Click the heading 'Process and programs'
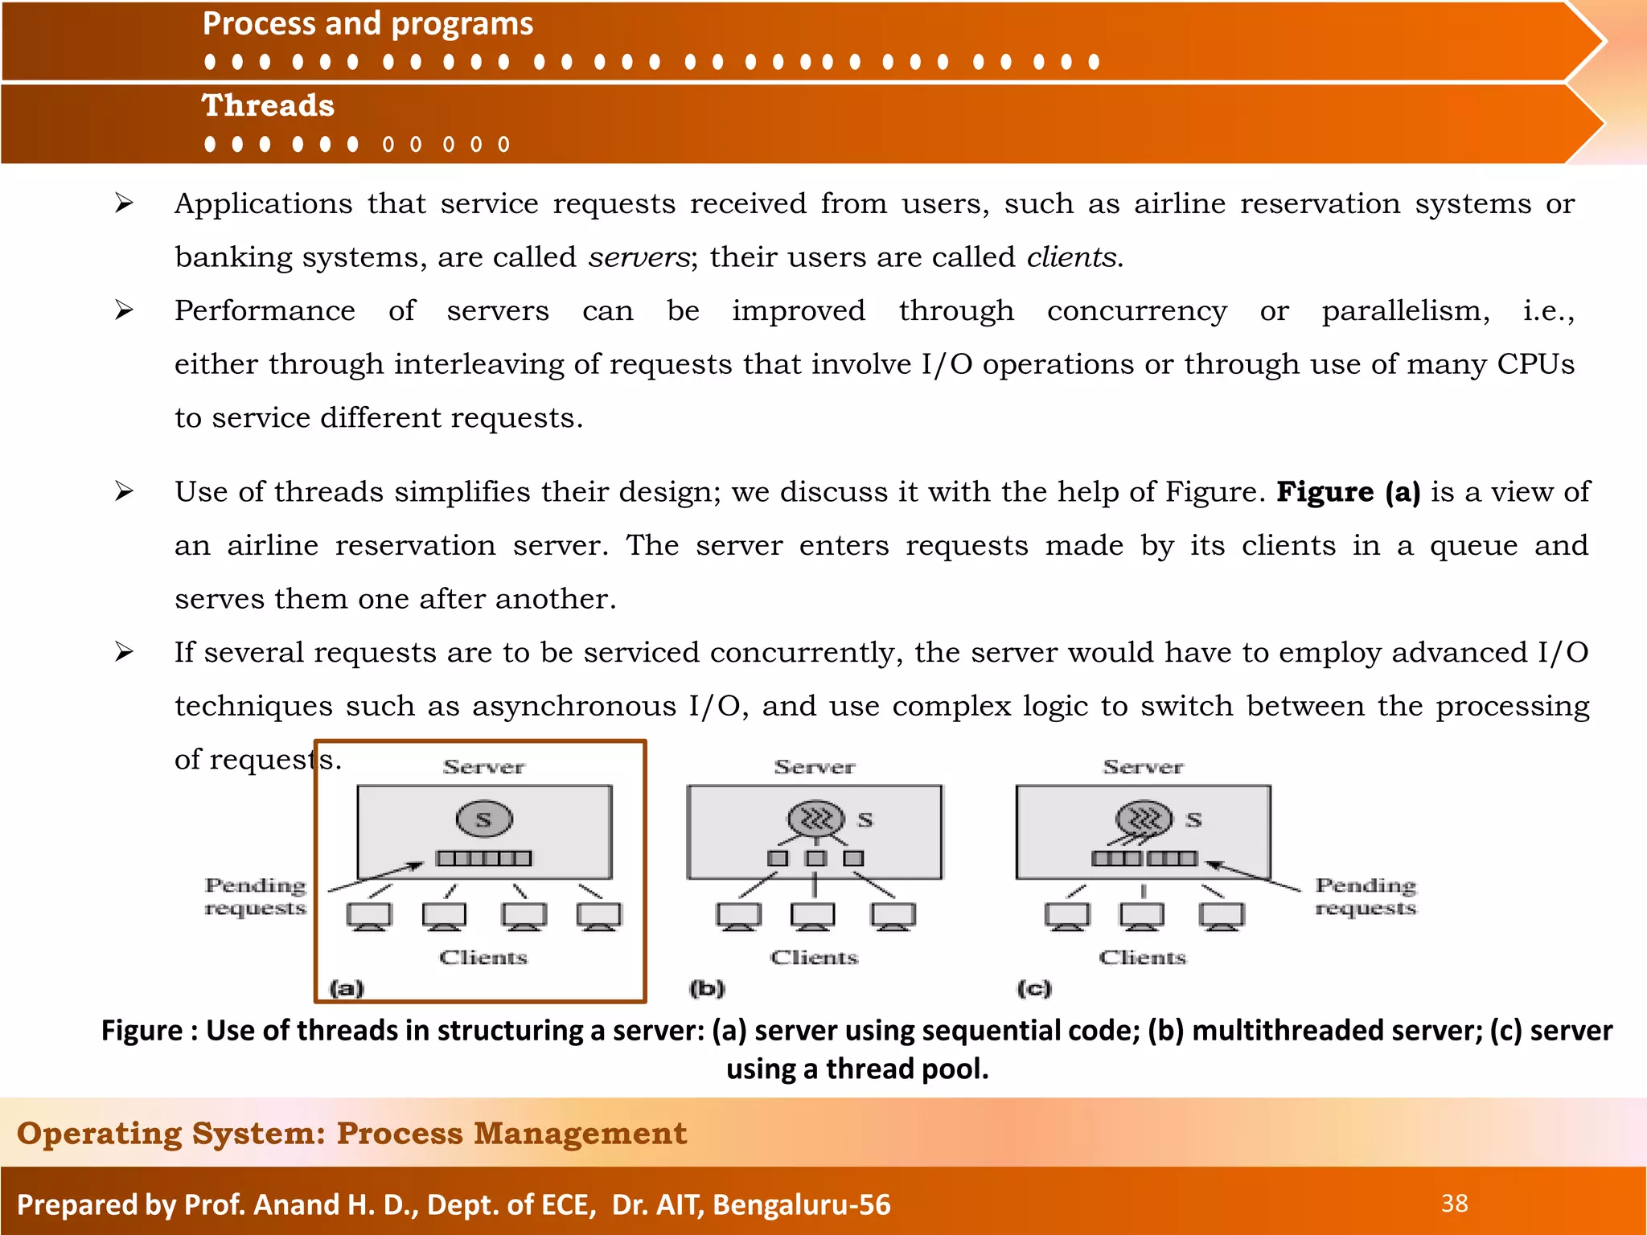click(x=368, y=24)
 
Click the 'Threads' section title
click(x=268, y=106)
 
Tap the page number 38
click(x=1454, y=1204)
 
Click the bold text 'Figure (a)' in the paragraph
click(x=1348, y=492)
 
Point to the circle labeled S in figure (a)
click(x=484, y=819)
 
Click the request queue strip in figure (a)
click(x=483, y=859)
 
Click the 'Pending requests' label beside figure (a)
click(x=255, y=897)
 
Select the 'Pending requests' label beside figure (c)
click(x=1366, y=897)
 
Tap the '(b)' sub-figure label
click(x=707, y=988)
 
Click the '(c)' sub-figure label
click(x=1034, y=988)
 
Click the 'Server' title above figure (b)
click(x=814, y=767)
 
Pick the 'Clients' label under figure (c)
click(x=1142, y=958)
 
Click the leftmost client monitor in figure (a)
click(x=369, y=916)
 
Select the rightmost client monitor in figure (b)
click(x=893, y=916)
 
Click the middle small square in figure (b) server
click(x=815, y=859)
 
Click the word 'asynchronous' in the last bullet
click(x=574, y=706)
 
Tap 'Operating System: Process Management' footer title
click(x=351, y=1133)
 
